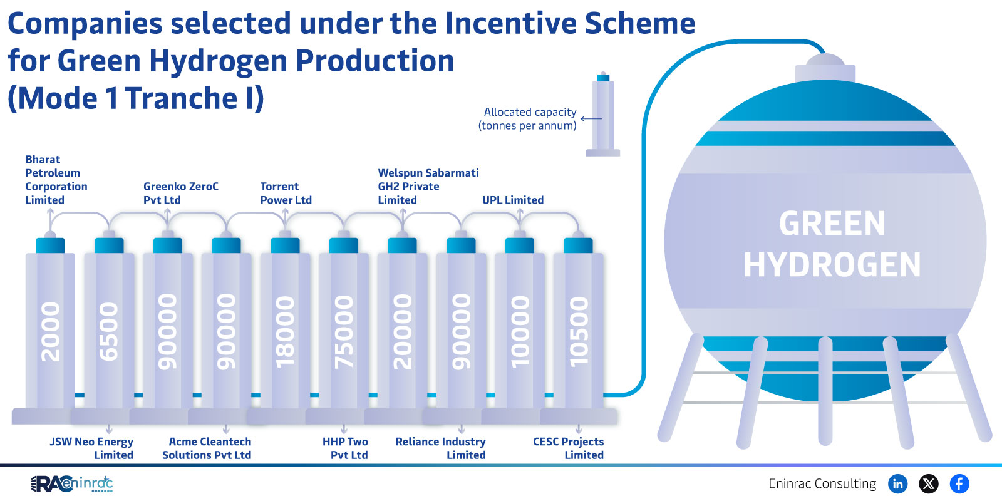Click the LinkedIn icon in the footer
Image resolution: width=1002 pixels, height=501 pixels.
897,483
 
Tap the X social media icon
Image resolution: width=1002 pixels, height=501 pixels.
929,483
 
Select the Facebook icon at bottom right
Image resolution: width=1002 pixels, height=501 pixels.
959,483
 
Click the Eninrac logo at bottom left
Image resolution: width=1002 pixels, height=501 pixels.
72,483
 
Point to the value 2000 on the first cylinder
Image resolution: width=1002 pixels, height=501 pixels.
51,331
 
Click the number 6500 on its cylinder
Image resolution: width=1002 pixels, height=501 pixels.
109,331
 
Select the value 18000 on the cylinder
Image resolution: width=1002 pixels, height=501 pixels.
285,331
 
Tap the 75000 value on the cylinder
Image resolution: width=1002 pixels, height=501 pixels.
344,331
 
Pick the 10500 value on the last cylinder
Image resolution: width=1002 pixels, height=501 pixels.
579,331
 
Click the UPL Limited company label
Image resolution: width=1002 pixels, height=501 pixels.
513,200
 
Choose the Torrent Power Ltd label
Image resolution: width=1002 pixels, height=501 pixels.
286,193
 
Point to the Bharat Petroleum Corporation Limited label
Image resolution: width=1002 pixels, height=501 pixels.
56,180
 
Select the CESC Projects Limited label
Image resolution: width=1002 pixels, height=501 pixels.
569,448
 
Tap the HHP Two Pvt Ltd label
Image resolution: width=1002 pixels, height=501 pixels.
346,448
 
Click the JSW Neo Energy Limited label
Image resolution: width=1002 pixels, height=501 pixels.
92,448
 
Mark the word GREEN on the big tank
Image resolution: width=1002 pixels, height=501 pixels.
832,224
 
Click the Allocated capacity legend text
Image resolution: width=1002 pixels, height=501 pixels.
528,118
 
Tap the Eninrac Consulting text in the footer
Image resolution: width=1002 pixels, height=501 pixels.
822,483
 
